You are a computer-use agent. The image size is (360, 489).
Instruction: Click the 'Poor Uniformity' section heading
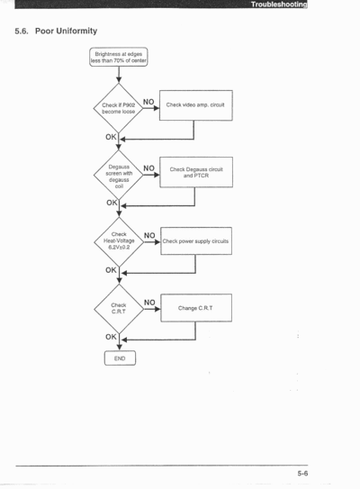pos(66,31)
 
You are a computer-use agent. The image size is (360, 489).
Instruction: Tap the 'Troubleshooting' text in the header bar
pos(279,5)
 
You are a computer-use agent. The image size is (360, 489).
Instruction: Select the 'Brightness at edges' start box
pos(119,57)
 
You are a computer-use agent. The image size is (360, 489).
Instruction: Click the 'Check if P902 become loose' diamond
pos(119,108)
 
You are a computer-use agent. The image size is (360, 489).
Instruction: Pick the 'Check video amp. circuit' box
pos(196,105)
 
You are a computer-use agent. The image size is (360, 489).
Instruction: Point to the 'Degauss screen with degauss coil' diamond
pos(119,176)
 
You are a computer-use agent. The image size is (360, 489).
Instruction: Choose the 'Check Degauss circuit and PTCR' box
pos(196,172)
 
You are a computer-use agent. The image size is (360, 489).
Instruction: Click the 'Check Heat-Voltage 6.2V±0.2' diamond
pos(119,241)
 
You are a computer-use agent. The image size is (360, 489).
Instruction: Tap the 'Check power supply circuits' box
pos(196,241)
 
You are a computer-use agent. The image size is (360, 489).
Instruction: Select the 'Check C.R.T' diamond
pos(119,309)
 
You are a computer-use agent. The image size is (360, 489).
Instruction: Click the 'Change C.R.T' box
pos(196,308)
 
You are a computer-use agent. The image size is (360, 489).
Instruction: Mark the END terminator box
pos(120,358)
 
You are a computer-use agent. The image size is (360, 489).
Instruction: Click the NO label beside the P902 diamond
pos(148,102)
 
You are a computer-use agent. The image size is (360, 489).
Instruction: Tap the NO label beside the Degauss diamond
pos(149,168)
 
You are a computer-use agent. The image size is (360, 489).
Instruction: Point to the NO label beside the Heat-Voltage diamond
pos(149,235)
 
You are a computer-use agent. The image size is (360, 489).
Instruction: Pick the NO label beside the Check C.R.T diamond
pos(149,303)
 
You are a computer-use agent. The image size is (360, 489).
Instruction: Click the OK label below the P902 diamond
pos(111,137)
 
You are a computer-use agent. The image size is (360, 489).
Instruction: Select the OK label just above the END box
pos(111,337)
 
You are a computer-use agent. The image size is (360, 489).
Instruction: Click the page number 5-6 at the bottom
pos(302,474)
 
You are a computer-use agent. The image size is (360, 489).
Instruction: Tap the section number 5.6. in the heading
pos(22,32)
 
